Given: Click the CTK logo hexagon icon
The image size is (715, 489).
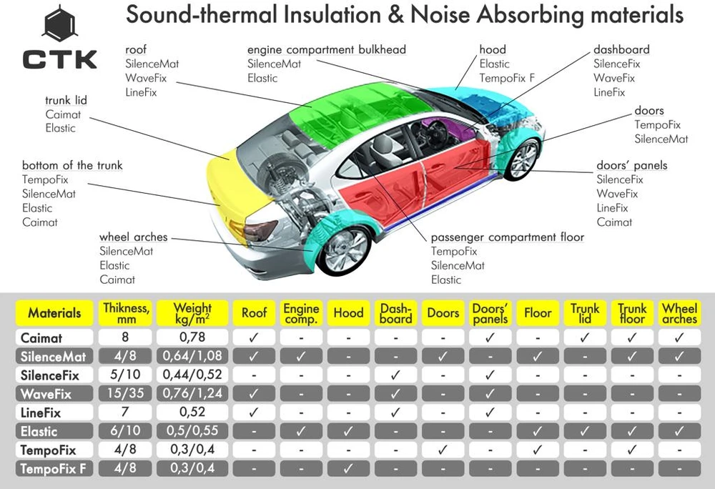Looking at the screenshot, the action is (x=60, y=23).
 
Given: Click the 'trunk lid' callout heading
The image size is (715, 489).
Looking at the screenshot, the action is (x=66, y=100).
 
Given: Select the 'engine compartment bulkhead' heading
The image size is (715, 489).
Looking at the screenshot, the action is (x=327, y=49).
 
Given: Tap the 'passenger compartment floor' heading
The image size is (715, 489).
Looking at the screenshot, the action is (x=507, y=237).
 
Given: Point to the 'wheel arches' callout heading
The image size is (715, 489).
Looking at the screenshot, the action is (x=133, y=237).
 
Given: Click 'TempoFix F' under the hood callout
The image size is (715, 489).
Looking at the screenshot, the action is (x=507, y=79).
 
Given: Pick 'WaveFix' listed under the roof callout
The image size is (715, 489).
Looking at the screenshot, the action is (x=146, y=78).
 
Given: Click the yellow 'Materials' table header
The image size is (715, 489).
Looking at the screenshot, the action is (x=54, y=313).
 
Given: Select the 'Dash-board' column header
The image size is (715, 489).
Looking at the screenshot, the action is (x=396, y=313).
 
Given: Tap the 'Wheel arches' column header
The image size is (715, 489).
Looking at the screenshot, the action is (x=679, y=313).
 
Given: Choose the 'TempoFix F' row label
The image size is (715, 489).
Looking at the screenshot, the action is (x=53, y=469).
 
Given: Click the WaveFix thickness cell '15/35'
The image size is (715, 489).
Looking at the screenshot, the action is (x=125, y=393).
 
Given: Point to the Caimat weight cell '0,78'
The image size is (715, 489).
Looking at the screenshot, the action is (x=192, y=337).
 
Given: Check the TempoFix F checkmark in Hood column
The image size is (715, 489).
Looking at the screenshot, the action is (x=348, y=468).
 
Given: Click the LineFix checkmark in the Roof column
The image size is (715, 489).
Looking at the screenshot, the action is (x=254, y=413).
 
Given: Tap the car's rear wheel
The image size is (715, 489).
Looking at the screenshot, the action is (x=345, y=251).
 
